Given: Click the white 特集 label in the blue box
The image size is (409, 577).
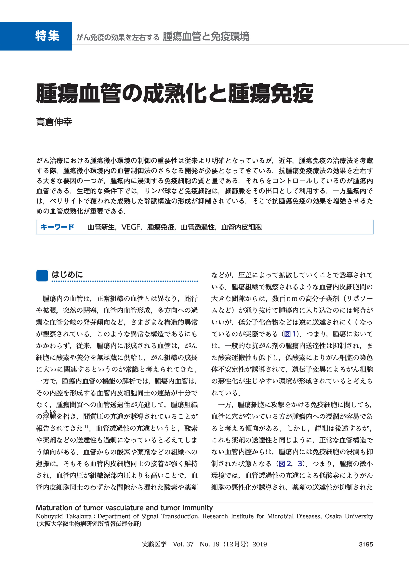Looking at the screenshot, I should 47,36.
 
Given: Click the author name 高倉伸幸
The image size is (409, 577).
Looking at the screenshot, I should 54,122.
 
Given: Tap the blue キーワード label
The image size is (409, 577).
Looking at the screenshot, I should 57,227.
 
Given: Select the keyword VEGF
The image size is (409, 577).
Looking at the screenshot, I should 130,227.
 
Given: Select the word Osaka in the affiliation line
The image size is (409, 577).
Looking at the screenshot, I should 333,516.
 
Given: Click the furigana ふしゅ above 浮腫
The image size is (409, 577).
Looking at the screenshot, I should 50,411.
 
